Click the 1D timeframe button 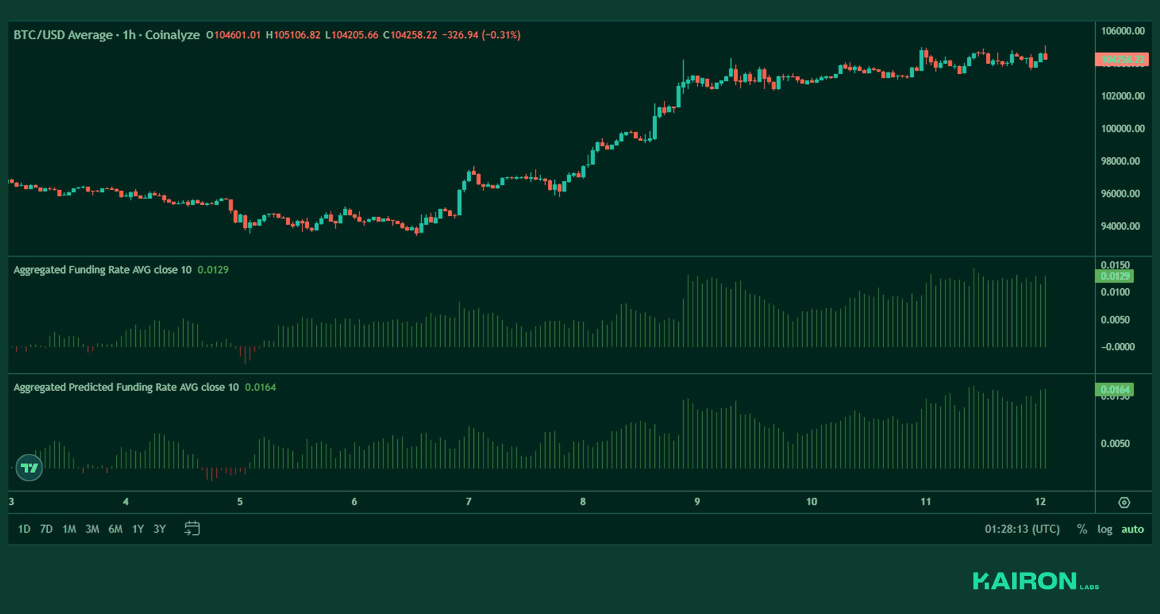coord(24,529)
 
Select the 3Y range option coord(159,529)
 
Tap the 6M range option coord(115,529)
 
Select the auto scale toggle coord(1132,529)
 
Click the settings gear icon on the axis coord(1124,502)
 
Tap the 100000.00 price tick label coord(1123,129)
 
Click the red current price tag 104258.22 coord(1122,59)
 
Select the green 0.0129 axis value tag coord(1114,276)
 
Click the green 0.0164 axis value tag coord(1114,389)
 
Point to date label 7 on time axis coord(468,501)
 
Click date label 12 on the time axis coord(1040,501)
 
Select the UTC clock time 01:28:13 coord(1022,529)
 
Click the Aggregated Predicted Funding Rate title coord(126,387)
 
